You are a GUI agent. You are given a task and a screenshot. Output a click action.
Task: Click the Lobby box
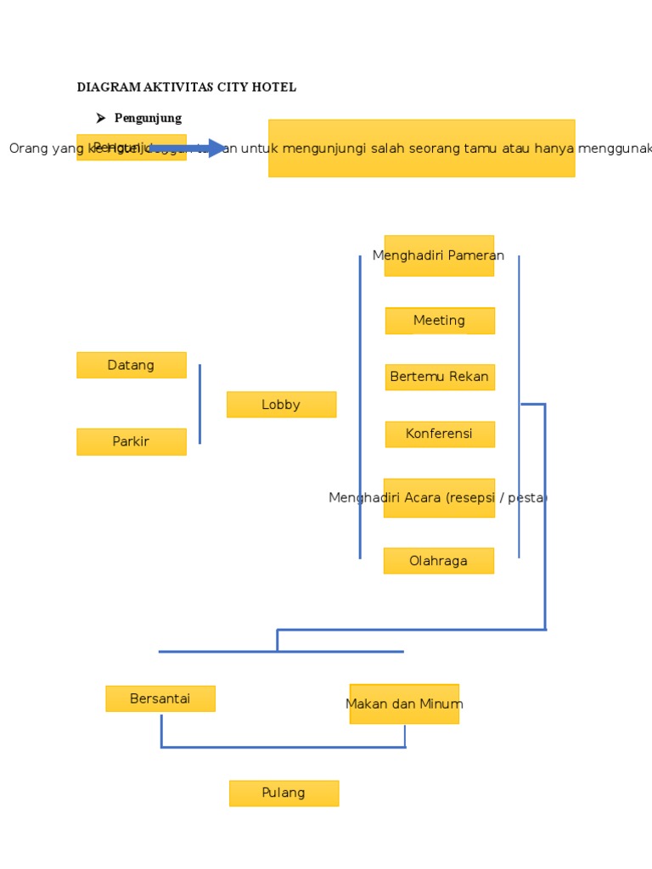[281, 405]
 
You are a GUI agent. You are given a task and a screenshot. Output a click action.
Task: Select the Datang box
[131, 365]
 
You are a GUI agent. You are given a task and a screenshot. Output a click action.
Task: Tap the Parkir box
[131, 441]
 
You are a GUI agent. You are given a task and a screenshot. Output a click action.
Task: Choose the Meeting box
[439, 321]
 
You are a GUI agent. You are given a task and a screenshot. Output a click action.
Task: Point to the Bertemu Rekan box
[439, 377]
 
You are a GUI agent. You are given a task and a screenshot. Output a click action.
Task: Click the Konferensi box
[439, 434]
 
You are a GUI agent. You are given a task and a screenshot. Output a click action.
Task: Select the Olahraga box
[438, 561]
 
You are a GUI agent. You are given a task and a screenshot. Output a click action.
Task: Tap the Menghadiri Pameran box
[438, 255]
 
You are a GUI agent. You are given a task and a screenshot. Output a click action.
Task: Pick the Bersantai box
[160, 698]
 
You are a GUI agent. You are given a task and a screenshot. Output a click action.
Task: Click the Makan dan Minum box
[404, 704]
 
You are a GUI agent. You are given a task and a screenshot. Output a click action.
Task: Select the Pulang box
[284, 793]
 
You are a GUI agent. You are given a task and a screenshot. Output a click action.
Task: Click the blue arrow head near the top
[218, 149]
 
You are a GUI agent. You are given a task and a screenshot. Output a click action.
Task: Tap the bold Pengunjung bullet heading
[148, 118]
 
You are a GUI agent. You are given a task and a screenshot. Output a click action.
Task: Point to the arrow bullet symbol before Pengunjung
[100, 118]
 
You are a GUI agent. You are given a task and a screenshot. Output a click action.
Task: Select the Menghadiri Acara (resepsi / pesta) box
[438, 497]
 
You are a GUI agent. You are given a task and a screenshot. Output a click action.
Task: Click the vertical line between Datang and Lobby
[200, 404]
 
